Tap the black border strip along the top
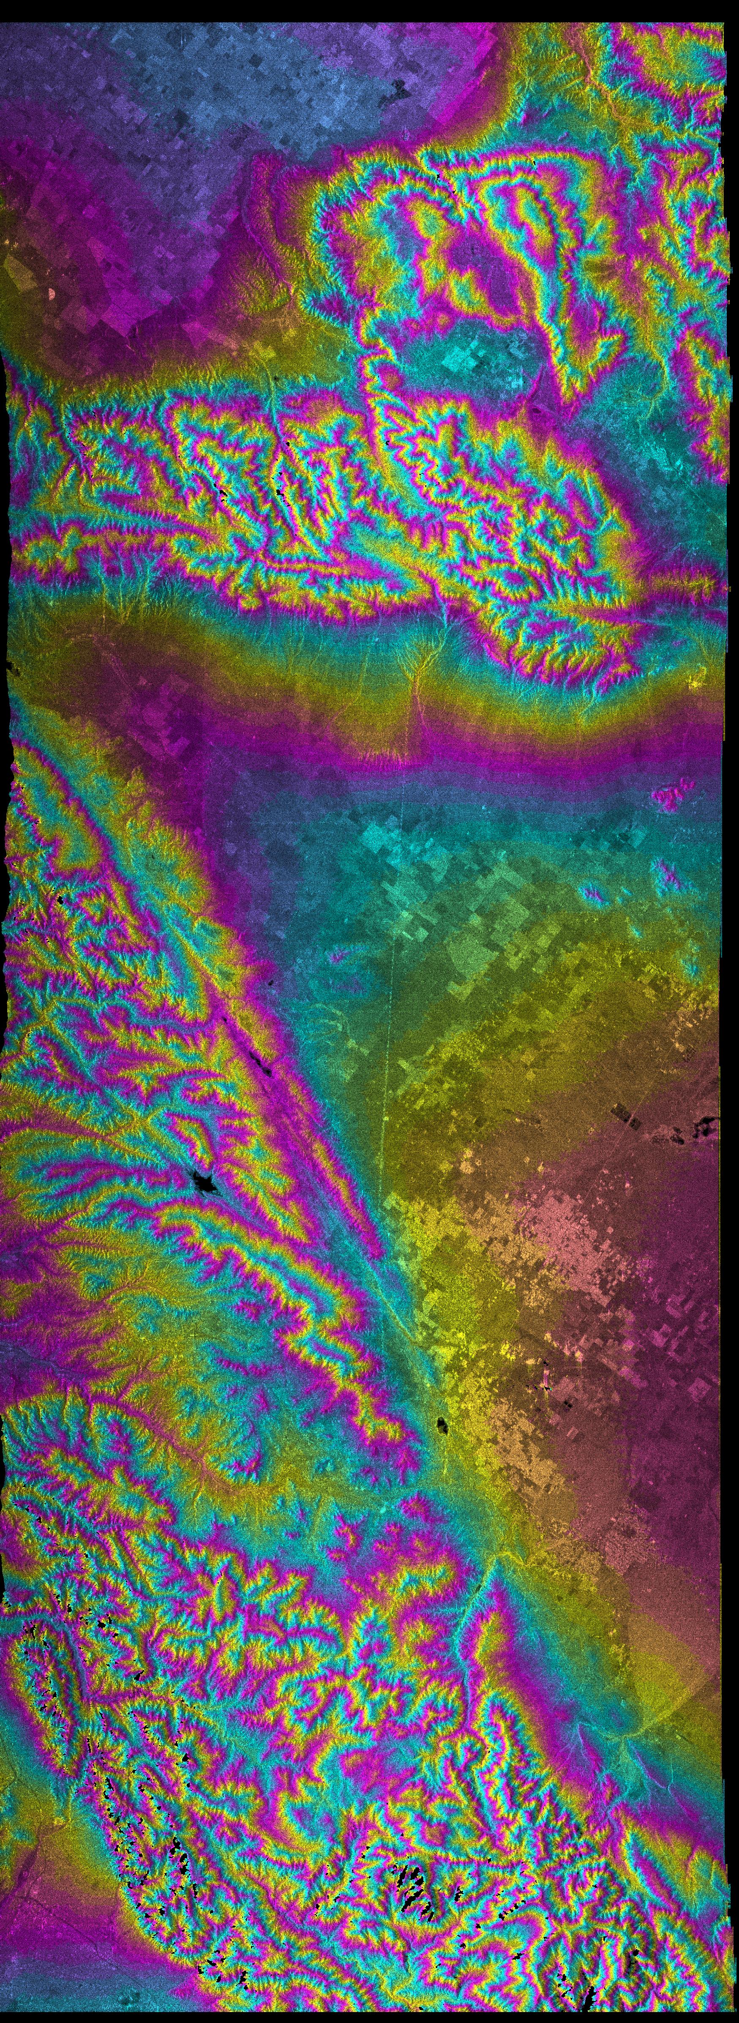[369, 9]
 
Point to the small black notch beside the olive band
[12, 668]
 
